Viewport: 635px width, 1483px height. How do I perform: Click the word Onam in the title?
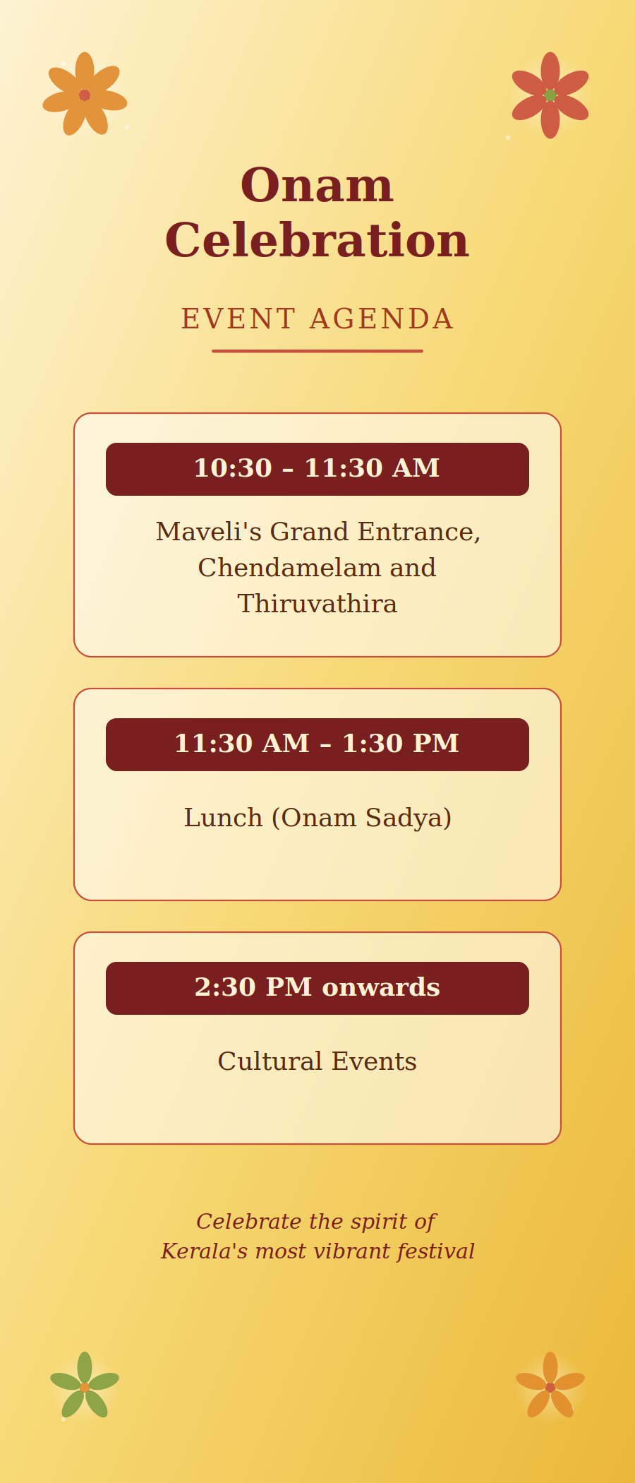(317, 186)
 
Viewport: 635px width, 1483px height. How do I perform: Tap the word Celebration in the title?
(317, 241)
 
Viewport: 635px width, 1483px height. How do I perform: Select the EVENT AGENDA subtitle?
(317, 319)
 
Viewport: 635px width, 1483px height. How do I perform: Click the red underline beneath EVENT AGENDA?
(317, 351)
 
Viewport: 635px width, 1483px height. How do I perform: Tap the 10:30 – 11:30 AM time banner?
(317, 469)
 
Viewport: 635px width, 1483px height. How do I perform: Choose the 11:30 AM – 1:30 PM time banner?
(317, 744)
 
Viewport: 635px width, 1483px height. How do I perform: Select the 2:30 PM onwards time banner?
(317, 988)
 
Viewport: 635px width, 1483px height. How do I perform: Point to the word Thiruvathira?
(317, 604)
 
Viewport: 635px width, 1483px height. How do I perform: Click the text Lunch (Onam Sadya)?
(317, 818)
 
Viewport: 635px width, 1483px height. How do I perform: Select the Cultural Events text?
(317, 1061)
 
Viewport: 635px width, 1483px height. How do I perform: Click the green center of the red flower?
(550, 95)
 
